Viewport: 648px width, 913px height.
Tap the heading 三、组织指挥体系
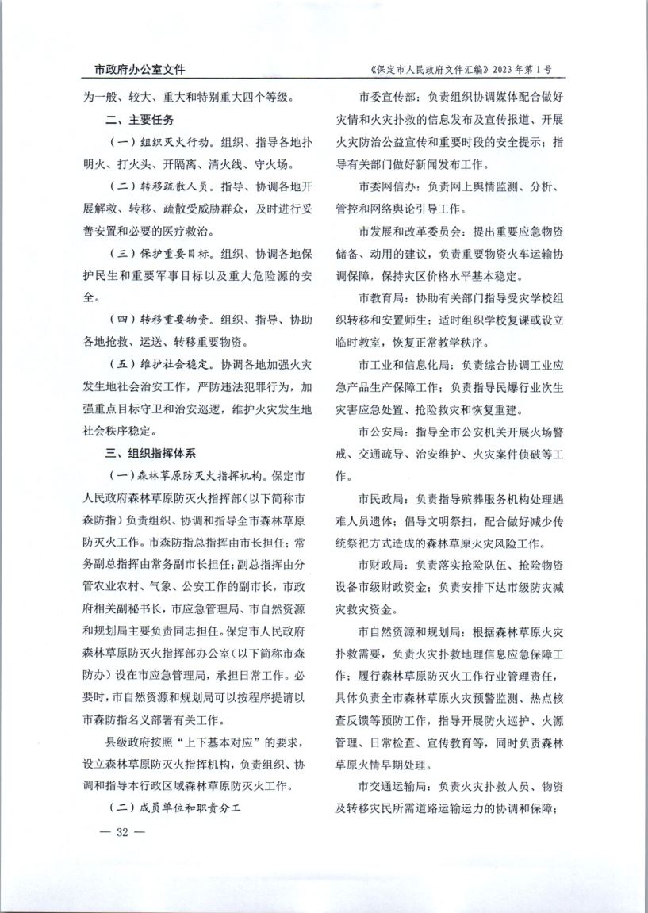151,455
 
